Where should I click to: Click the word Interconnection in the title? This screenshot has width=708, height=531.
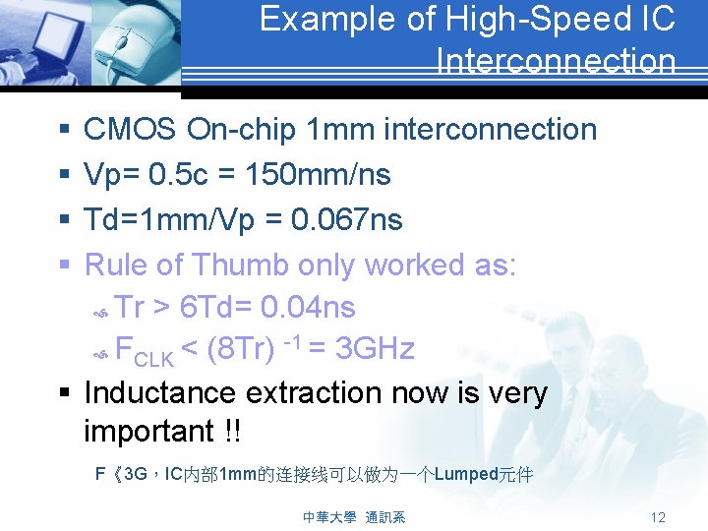tap(556, 62)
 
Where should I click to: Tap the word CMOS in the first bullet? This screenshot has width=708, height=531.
tap(130, 129)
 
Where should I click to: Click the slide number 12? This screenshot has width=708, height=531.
tap(658, 517)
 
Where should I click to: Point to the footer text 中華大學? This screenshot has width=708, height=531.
tap(329, 517)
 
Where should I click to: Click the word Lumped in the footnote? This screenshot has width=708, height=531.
tap(466, 475)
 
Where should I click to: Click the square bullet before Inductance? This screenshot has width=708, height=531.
tap(64, 393)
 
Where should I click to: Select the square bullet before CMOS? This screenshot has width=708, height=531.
tap(64, 130)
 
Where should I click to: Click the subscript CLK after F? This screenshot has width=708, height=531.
tap(152, 355)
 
